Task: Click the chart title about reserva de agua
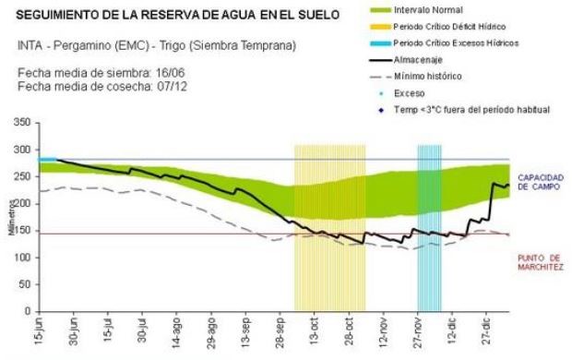click(178, 15)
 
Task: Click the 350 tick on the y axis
click(22, 122)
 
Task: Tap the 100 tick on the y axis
click(22, 258)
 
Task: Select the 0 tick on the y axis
click(28, 311)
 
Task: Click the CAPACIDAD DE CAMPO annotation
click(541, 182)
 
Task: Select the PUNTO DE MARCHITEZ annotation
click(541, 262)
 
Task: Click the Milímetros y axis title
click(12, 218)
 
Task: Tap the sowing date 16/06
click(171, 73)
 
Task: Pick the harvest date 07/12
click(173, 87)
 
